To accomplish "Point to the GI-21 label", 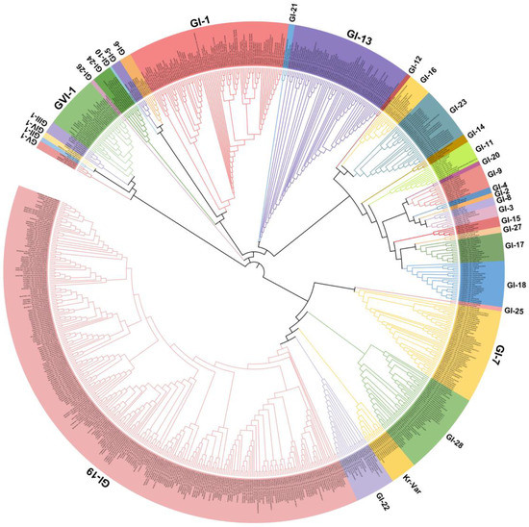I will pyautogui.click(x=292, y=13).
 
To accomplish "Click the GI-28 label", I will pyautogui.click(x=457, y=443).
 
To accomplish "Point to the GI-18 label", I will pyautogui.click(x=515, y=286).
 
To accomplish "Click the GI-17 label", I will pyautogui.click(x=513, y=246).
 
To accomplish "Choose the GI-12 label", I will pyautogui.click(x=415, y=63).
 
